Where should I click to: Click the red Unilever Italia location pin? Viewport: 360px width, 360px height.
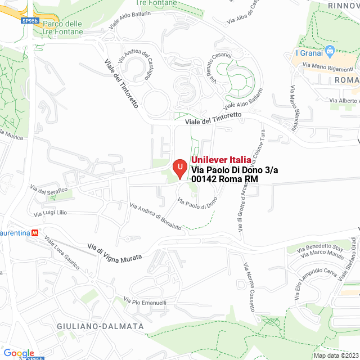(179, 168)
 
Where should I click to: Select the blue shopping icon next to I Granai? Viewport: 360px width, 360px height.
(330, 53)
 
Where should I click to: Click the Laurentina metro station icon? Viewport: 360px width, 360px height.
(35, 232)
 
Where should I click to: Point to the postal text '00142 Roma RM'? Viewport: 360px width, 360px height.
(224, 179)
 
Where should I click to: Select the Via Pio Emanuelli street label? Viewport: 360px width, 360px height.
(145, 302)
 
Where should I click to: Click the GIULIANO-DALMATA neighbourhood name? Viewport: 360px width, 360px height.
(100, 326)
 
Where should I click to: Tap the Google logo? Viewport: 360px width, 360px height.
(19, 353)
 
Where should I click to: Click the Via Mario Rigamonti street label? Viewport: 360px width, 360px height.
(329, 69)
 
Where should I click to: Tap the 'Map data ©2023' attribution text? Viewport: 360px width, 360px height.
(336, 355)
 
